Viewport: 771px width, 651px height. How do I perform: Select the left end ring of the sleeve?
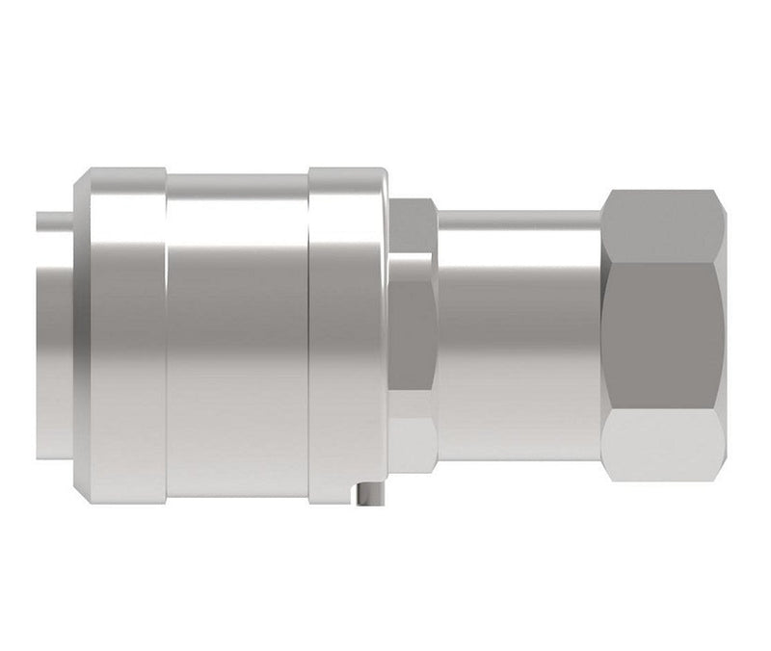(x=125, y=337)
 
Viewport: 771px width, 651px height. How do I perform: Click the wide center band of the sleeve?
(x=237, y=337)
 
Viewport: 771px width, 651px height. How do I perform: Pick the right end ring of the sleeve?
(x=347, y=337)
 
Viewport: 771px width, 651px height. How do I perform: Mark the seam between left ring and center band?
(x=166, y=337)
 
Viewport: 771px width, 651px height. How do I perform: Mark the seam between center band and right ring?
(x=309, y=337)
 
